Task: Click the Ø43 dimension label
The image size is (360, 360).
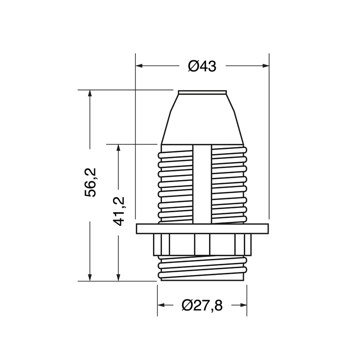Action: pyautogui.click(x=202, y=66)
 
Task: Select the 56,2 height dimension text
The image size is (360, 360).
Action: pyautogui.click(x=92, y=182)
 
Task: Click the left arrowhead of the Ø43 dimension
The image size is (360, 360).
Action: pyautogui.click(x=139, y=66)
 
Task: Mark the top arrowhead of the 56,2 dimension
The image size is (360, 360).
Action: pyautogui.click(x=90, y=94)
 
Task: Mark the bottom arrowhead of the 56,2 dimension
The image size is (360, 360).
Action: pyautogui.click(x=90, y=277)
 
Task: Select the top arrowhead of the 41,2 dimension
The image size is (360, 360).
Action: pyautogui.click(x=118, y=148)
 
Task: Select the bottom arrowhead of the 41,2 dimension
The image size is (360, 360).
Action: pyautogui.click(x=118, y=277)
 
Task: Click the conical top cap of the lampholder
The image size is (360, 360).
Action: pyautogui.click(x=202, y=119)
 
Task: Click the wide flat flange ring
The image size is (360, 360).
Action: pyautogui.click(x=202, y=229)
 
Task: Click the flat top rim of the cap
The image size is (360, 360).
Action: pyautogui.click(x=202, y=93)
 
